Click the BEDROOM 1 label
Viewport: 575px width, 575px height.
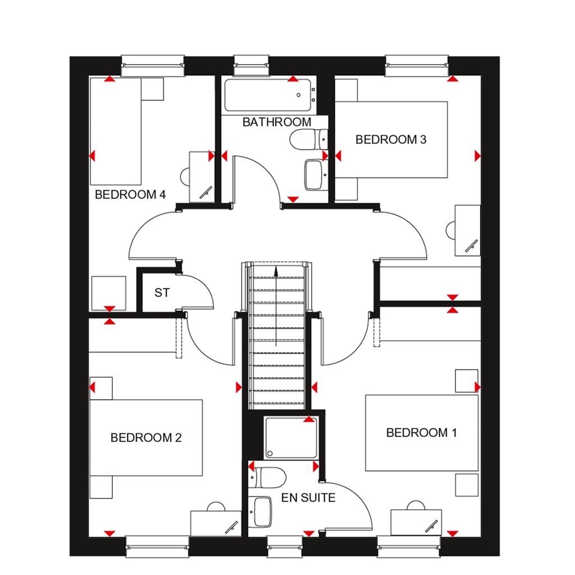[x=421, y=432]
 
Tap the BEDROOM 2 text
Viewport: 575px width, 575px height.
[x=146, y=437]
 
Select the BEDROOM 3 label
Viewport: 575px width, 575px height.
[x=391, y=139]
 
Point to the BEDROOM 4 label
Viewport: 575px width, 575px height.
[x=130, y=195]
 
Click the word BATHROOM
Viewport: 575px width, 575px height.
[x=276, y=122]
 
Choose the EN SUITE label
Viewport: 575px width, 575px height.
[x=309, y=498]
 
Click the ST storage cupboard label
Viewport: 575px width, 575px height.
[x=162, y=293]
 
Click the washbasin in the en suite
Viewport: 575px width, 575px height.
[x=261, y=512]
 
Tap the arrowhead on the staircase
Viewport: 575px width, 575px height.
[x=276, y=271]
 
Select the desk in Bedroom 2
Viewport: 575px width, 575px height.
[x=216, y=523]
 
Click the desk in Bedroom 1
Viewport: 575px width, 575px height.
[x=416, y=522]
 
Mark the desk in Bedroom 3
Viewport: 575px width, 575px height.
[x=468, y=230]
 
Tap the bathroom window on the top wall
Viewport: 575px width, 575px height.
[x=251, y=64]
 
